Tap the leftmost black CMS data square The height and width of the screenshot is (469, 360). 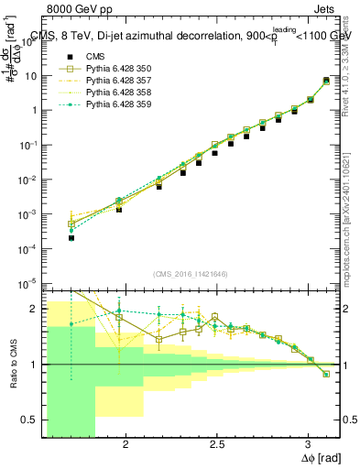[71, 237]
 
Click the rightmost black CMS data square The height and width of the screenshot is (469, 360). [326, 82]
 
